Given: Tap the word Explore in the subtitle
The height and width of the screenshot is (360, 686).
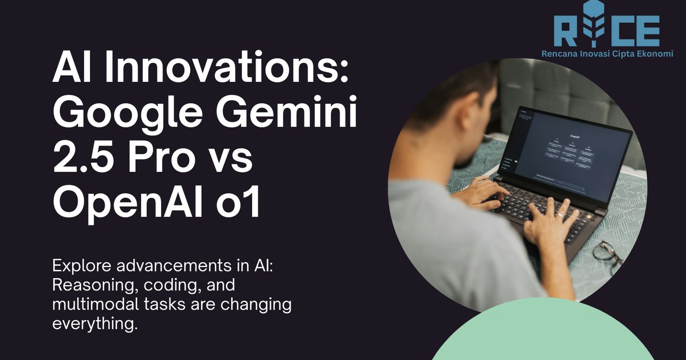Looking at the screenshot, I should [x=83, y=266].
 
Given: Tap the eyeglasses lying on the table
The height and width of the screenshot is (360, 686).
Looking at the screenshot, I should [x=608, y=255].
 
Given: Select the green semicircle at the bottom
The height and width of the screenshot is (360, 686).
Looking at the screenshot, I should [x=543, y=333].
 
